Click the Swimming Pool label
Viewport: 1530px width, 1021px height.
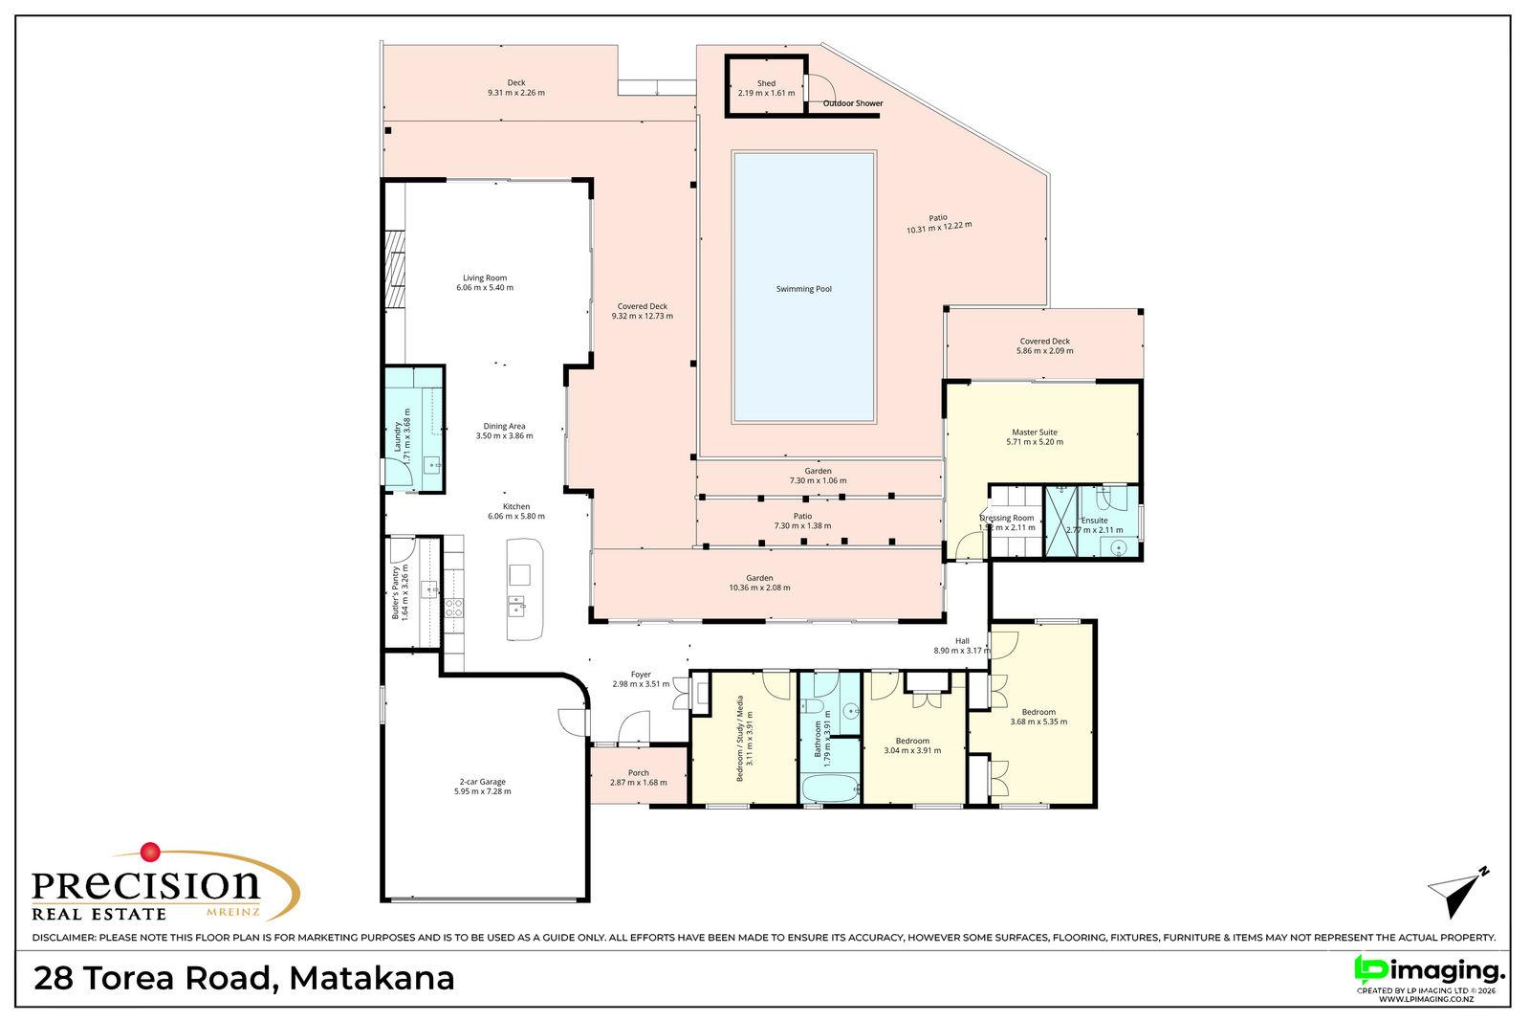(804, 289)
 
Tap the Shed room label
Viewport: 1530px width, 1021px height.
(766, 83)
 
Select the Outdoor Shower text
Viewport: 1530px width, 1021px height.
(852, 104)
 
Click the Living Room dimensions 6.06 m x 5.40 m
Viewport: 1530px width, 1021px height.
(485, 288)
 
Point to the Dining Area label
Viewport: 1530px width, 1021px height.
(504, 427)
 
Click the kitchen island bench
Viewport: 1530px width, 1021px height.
(525, 589)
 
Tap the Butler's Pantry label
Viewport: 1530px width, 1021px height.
(395, 592)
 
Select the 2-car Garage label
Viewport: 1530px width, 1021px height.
(482, 782)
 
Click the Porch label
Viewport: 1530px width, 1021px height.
(639, 773)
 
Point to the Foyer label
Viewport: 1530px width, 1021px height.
(641, 675)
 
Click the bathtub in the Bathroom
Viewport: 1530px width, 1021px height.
(830, 788)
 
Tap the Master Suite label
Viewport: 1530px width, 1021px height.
(1034, 433)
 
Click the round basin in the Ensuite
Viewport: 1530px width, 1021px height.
(1118, 546)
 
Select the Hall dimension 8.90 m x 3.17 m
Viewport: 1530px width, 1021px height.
(962, 651)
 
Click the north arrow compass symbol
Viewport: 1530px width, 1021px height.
(1457, 893)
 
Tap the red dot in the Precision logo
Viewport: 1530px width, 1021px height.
(150, 853)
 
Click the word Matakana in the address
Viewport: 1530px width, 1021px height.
(372, 978)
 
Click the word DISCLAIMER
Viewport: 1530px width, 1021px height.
(63, 938)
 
